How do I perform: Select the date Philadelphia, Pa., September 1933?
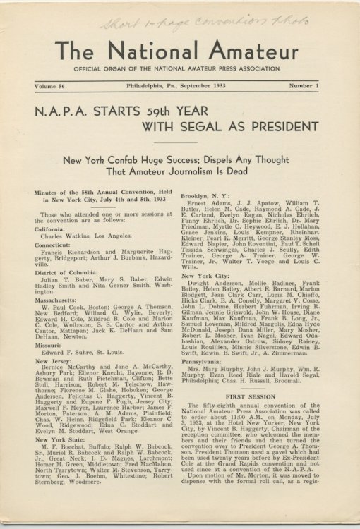(x=179, y=85)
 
